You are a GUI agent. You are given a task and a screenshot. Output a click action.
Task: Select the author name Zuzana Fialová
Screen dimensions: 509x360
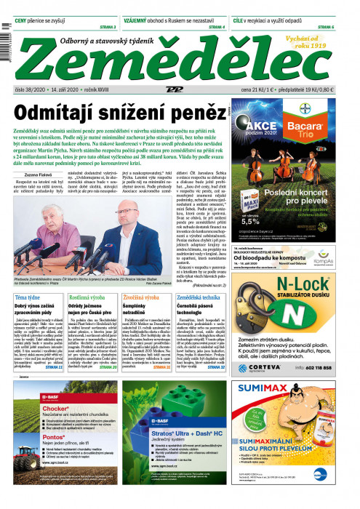pyautogui.click(x=37, y=156)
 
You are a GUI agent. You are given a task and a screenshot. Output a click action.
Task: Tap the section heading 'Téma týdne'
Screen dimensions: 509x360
pyautogui.click(x=29, y=298)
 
